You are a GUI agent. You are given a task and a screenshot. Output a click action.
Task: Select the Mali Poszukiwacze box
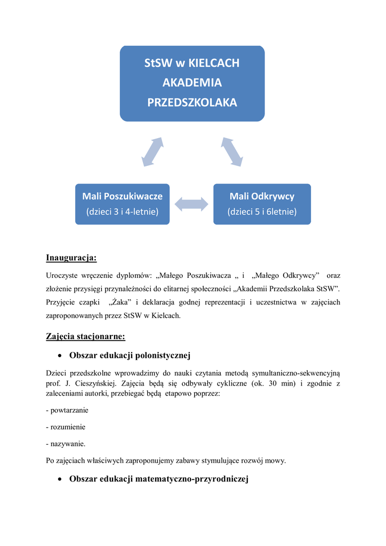pos(122,204)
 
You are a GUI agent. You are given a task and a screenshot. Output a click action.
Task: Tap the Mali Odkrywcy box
pos(262,204)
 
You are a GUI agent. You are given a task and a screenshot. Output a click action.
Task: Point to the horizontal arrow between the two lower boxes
pos(191,203)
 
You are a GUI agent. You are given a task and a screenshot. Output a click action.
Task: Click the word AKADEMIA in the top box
pos(192,83)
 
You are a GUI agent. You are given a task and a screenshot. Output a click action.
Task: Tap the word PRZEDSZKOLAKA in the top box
pos(192,102)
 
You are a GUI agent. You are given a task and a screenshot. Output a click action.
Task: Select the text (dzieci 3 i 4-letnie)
pos(122,212)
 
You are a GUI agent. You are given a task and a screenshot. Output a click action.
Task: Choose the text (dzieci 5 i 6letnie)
pos(262,212)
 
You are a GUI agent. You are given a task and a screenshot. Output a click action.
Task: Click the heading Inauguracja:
pos(71,259)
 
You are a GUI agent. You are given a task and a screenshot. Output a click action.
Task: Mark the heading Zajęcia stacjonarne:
pos(85,336)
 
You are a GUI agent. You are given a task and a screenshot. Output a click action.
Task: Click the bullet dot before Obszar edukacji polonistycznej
pos(61,356)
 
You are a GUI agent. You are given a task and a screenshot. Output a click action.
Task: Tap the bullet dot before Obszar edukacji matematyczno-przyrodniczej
pos(61,479)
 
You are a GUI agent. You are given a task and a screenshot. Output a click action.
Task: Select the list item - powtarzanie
pos(67,411)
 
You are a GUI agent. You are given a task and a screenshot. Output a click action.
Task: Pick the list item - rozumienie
pos(66,427)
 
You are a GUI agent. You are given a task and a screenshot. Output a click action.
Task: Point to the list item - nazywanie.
pos(66,444)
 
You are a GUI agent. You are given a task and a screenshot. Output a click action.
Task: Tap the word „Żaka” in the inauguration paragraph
pos(119,302)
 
